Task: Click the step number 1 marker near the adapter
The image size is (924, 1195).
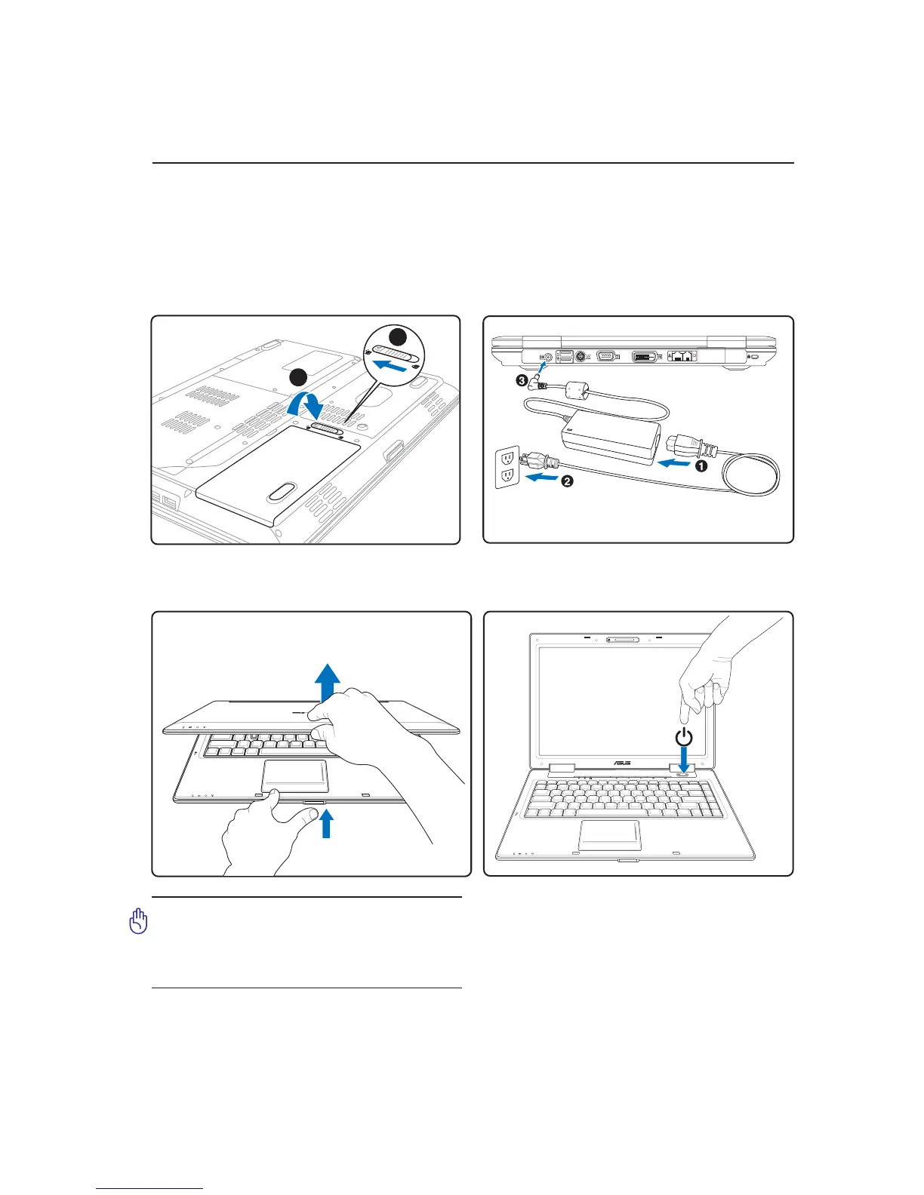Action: point(701,467)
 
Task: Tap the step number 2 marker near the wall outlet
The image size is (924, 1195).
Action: point(567,481)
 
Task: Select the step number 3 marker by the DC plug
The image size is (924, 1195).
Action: point(522,381)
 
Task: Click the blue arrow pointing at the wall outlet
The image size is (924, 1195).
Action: point(542,478)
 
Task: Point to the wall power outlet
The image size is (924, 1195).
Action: point(507,467)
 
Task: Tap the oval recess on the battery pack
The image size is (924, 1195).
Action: point(281,492)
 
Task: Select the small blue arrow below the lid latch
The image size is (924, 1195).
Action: point(326,823)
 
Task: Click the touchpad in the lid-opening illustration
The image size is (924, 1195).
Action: point(294,776)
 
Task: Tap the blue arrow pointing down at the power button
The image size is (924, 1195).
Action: point(683,757)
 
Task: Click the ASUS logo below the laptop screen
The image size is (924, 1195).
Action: point(621,763)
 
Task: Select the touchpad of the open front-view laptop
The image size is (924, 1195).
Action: point(610,834)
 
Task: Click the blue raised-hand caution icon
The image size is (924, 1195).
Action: point(138,921)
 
